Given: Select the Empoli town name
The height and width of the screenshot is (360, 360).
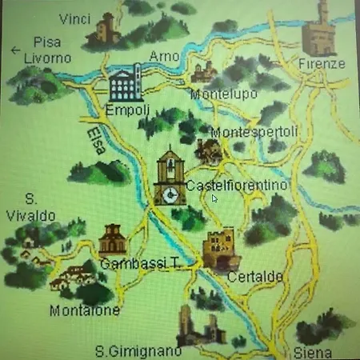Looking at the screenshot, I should (x=123, y=109).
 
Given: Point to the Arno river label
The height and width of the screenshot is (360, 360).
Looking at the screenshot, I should (x=163, y=55).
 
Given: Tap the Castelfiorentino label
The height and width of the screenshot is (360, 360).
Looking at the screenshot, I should (x=237, y=186).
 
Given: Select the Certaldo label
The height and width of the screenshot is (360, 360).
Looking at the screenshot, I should (x=254, y=276).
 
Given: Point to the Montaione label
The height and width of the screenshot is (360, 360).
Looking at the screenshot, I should (x=84, y=310).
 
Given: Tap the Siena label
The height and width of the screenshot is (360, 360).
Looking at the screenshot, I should (x=314, y=352).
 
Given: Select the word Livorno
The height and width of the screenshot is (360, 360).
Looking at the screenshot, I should (x=47, y=58).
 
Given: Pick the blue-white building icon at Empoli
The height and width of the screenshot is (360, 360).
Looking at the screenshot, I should (x=124, y=82).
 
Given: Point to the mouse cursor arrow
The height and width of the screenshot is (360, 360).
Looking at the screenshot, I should (x=214, y=198).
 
